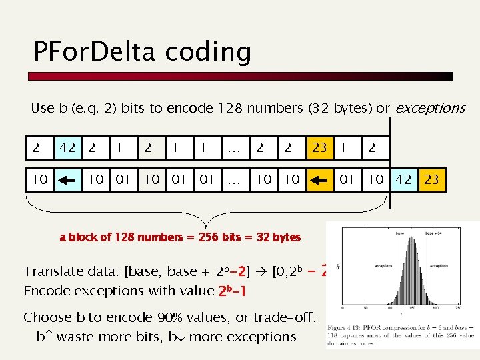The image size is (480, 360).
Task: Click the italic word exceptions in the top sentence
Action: pos(430,108)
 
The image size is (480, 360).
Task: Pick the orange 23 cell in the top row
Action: pos(319,148)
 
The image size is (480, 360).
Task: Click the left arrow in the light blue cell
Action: pos(67,179)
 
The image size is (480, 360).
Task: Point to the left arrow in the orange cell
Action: pos(319,179)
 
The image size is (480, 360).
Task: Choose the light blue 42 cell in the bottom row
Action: pos(403,179)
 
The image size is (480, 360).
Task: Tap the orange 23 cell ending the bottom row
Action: pos(432,179)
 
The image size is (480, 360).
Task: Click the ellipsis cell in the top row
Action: pos(234,148)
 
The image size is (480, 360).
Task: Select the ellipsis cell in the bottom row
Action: pos(234,179)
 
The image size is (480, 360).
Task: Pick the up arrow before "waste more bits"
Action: pos(49,337)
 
